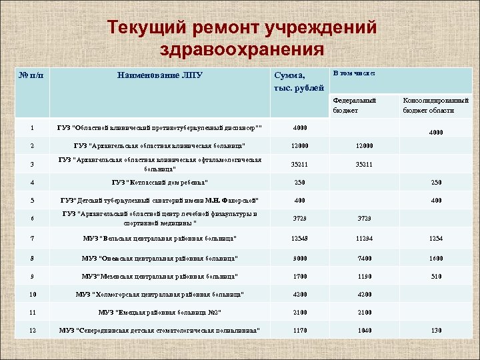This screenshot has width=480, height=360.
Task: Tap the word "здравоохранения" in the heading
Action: (242, 50)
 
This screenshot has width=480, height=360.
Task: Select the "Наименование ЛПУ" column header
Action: (159, 75)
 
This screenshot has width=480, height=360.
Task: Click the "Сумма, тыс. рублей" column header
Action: (299, 81)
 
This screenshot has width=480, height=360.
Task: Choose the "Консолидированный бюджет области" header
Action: (429, 105)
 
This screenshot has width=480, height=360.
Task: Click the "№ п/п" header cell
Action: (32, 75)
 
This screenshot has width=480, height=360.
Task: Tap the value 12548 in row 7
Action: (300, 238)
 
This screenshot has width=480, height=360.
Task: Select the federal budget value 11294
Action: (364, 238)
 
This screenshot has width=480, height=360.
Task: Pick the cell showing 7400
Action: (364, 257)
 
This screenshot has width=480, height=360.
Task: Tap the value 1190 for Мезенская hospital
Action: (364, 275)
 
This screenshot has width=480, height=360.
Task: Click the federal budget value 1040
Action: (364, 329)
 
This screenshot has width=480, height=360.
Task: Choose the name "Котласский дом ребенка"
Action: (159, 182)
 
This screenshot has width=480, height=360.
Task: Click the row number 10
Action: (32, 293)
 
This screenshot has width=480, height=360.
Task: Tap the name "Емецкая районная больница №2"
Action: (159, 311)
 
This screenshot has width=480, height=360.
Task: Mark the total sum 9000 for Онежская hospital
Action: (300, 257)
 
